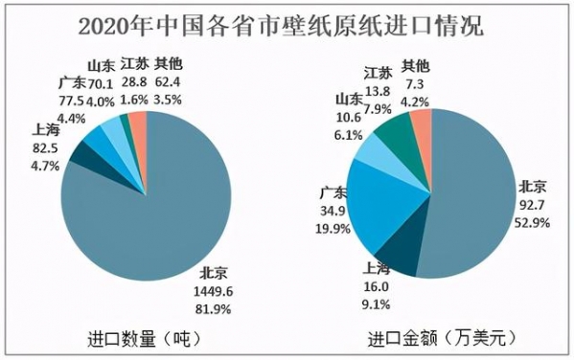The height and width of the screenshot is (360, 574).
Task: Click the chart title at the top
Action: [287, 23]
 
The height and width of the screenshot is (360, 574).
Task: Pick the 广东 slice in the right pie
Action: [383, 201]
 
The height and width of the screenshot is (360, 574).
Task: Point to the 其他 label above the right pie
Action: [416, 65]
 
